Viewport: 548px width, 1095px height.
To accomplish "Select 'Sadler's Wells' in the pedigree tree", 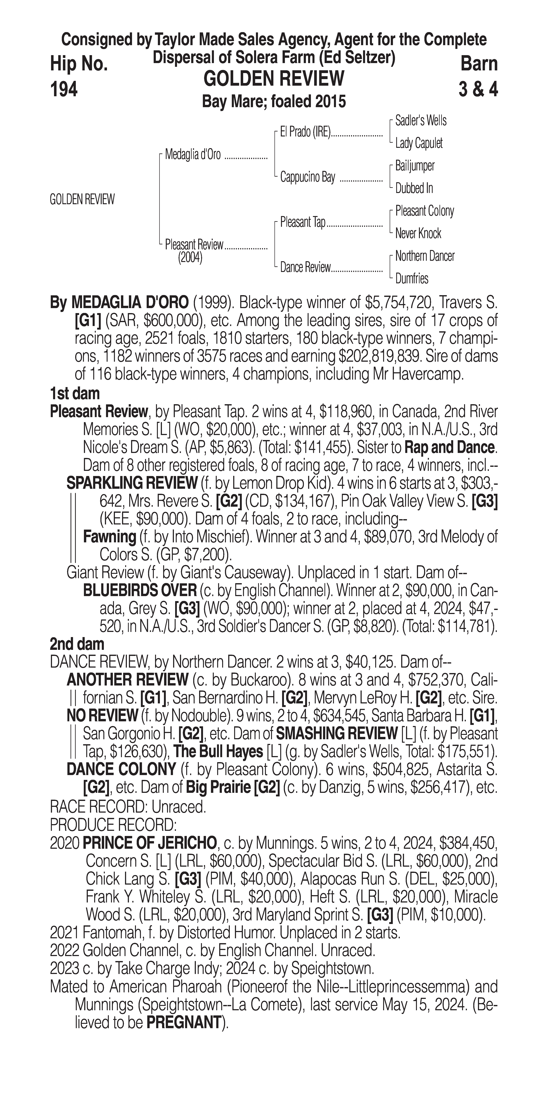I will click(x=420, y=121).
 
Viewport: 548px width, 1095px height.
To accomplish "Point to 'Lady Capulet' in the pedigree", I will click(x=419, y=143).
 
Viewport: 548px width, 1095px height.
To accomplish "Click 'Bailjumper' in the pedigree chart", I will click(x=415, y=166).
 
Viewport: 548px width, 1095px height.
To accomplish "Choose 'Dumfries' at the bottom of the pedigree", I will click(x=412, y=279).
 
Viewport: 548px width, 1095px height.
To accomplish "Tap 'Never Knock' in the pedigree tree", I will click(x=418, y=233).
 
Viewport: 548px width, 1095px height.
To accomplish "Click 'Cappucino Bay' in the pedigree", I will click(x=308, y=177).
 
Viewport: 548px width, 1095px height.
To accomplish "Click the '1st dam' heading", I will click(x=75, y=394).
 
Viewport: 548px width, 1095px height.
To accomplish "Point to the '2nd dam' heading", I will click(x=77, y=644).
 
